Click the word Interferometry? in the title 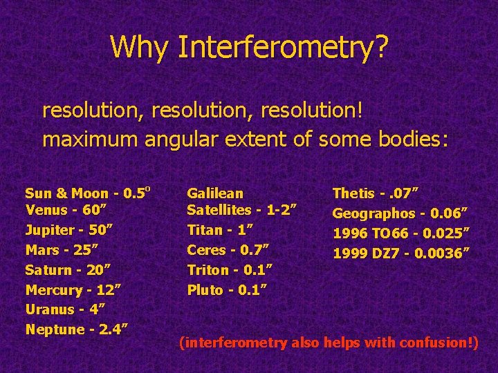(283, 47)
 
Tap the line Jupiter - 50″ (69, 230)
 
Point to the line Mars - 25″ (63, 249)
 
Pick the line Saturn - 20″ (68, 269)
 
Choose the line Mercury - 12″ (73, 289)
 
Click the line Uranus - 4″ (66, 309)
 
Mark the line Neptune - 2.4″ (76, 329)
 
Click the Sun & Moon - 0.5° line (88, 193)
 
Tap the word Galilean (215, 194)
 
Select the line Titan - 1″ (220, 230)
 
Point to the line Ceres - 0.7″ (228, 249)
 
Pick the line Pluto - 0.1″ (226, 289)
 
